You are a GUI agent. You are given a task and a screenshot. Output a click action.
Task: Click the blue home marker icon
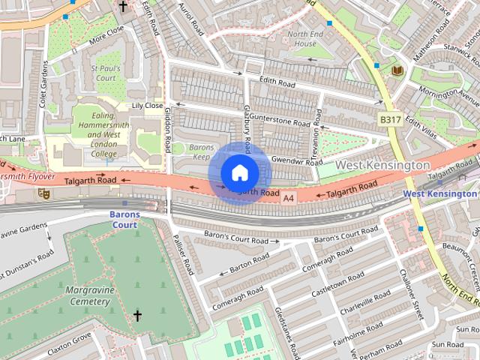click(239, 172)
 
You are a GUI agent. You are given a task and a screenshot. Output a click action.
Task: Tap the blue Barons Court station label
click(119, 214)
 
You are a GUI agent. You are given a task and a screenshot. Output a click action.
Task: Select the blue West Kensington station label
click(439, 194)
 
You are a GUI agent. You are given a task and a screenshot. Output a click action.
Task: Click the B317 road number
click(389, 119)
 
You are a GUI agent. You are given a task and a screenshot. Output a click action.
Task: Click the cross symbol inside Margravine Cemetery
click(137, 316)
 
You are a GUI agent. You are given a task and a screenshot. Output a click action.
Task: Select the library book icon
click(397, 70)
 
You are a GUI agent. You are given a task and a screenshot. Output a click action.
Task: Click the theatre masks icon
click(43, 193)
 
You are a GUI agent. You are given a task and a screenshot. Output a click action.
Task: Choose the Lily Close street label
click(147, 106)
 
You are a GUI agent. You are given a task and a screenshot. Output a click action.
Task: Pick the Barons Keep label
click(201, 152)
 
